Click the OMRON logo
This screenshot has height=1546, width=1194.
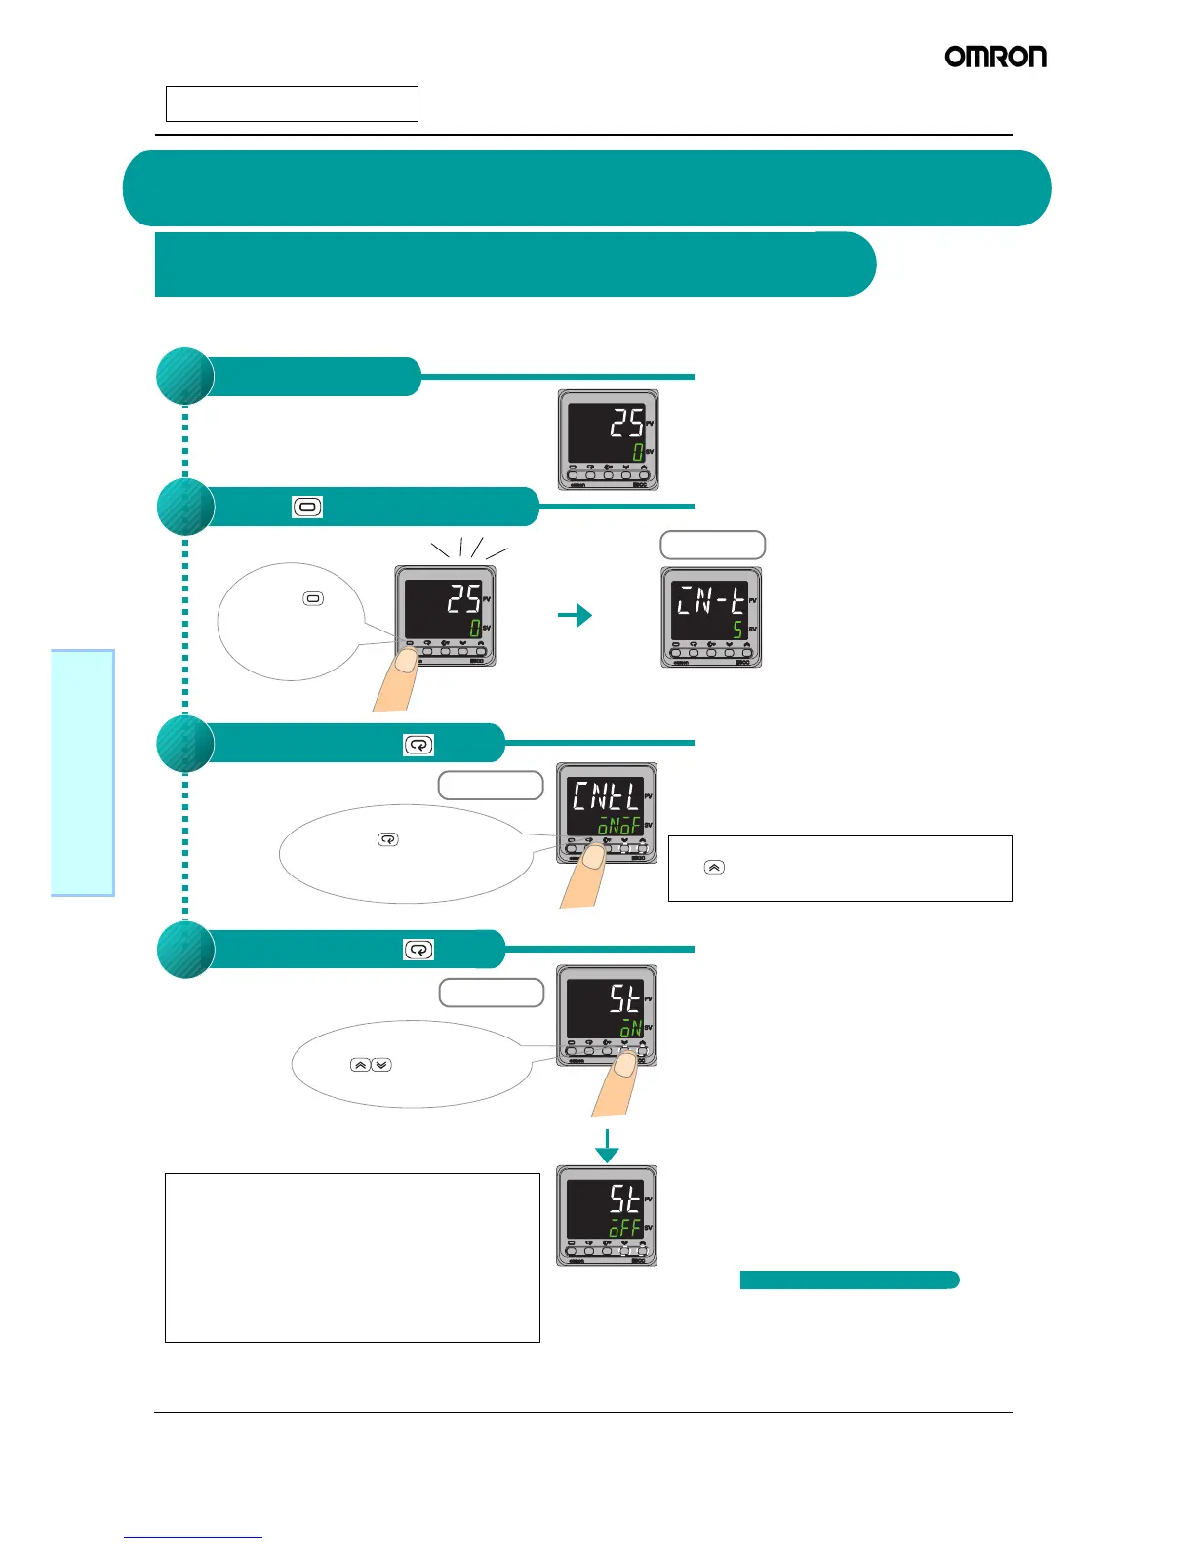[x=995, y=57]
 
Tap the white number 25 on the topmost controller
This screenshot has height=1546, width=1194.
[x=626, y=423]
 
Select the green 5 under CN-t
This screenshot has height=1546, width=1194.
[x=737, y=629]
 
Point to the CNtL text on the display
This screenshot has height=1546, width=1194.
[x=605, y=795]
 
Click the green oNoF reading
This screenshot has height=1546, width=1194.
[x=619, y=827]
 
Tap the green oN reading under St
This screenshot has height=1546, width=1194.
[x=630, y=1027]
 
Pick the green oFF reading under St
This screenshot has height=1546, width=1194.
[x=625, y=1227]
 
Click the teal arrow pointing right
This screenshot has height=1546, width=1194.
[x=576, y=615]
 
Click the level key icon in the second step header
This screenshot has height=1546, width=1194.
[x=307, y=508]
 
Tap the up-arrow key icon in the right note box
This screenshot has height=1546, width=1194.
[x=714, y=867]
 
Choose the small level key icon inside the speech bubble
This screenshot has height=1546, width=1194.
[x=313, y=598]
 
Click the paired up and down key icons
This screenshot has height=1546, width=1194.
[x=371, y=1064]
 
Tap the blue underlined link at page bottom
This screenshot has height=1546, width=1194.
[x=193, y=1537]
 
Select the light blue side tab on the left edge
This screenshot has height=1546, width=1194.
[x=83, y=772]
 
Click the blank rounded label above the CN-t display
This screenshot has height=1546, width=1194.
[x=712, y=545]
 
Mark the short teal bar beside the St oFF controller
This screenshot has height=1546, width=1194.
[x=849, y=1281]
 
